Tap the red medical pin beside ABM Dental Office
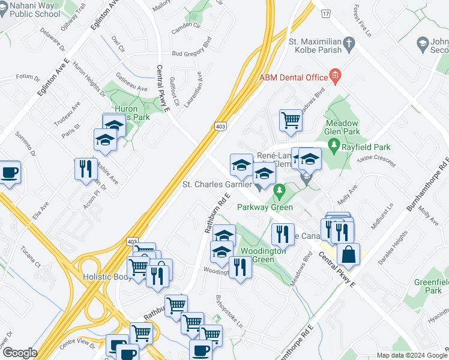tap(335, 76)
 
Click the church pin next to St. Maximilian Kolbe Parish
tap(351, 43)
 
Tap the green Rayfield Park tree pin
tap(334, 146)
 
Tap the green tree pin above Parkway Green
tap(278, 191)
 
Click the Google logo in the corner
tap(19, 353)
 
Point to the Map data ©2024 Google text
tap(412, 355)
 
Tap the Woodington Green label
tap(263, 255)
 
